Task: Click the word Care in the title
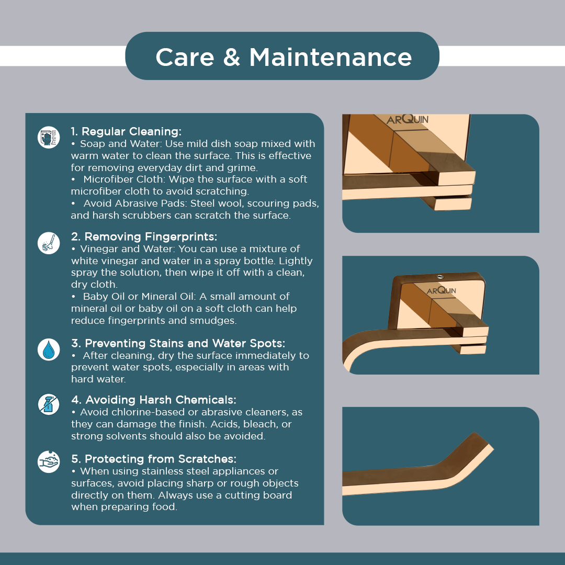185,58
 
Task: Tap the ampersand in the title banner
232,58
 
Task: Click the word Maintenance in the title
331,58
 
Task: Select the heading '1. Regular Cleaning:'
126,131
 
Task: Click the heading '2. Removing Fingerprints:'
144,236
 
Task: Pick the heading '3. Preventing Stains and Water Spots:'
178,343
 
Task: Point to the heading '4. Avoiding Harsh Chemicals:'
153,400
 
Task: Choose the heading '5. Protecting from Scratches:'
153,459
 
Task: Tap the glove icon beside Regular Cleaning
49,137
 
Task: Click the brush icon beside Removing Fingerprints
49,243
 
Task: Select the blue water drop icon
49,349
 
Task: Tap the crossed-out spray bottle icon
49,404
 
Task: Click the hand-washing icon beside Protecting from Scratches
49,461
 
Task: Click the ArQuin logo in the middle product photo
442,290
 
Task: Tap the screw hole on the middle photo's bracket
440,277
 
